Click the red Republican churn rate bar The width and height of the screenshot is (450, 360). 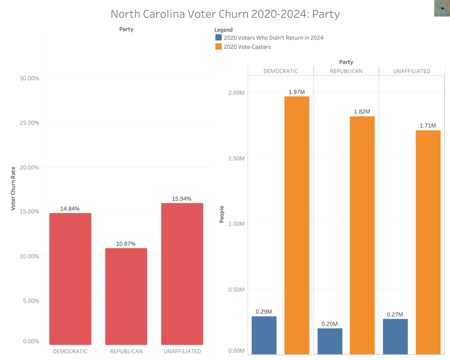point(126,296)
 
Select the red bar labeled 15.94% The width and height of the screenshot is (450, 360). point(182,274)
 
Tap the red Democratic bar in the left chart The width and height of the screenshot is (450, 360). point(70,279)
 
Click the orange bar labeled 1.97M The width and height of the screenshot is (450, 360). point(297,225)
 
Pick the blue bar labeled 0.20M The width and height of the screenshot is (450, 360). point(330,341)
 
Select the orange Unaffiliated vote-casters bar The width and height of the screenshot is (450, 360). point(428,242)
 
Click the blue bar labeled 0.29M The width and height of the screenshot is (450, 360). point(264,335)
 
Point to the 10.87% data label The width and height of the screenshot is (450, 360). point(126,244)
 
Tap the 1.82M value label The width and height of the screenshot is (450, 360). point(362,112)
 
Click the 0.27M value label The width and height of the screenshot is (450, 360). point(395,315)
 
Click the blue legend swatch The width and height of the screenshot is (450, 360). point(218,37)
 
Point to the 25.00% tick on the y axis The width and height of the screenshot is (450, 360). point(29,123)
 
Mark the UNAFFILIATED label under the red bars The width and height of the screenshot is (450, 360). point(182,351)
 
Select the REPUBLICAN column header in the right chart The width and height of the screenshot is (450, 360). point(346,71)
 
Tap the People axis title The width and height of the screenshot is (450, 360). point(222,214)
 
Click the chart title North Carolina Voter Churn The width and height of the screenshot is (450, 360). point(225,14)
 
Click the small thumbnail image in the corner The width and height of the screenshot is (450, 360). point(442,8)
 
